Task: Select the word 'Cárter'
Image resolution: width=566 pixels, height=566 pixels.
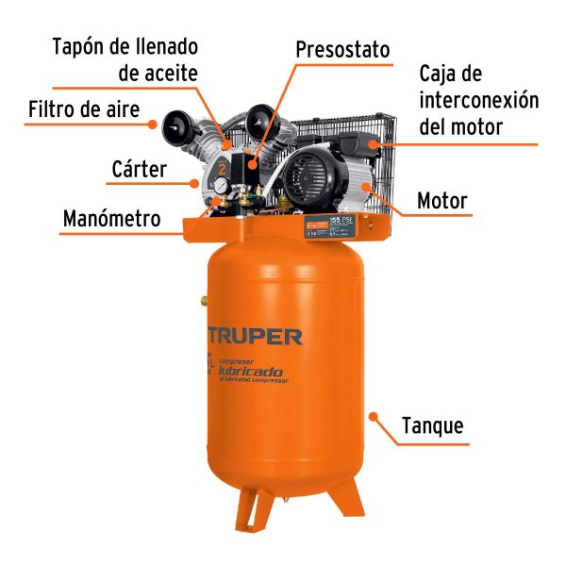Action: point(139,170)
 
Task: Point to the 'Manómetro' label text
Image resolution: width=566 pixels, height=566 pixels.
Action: point(111,219)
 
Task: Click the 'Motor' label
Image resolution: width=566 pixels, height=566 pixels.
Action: point(441,201)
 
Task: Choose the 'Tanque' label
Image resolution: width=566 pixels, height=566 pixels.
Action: point(432,425)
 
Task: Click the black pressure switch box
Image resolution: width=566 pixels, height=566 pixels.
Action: point(247,171)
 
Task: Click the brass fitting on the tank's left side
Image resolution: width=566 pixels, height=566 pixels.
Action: point(204,299)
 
